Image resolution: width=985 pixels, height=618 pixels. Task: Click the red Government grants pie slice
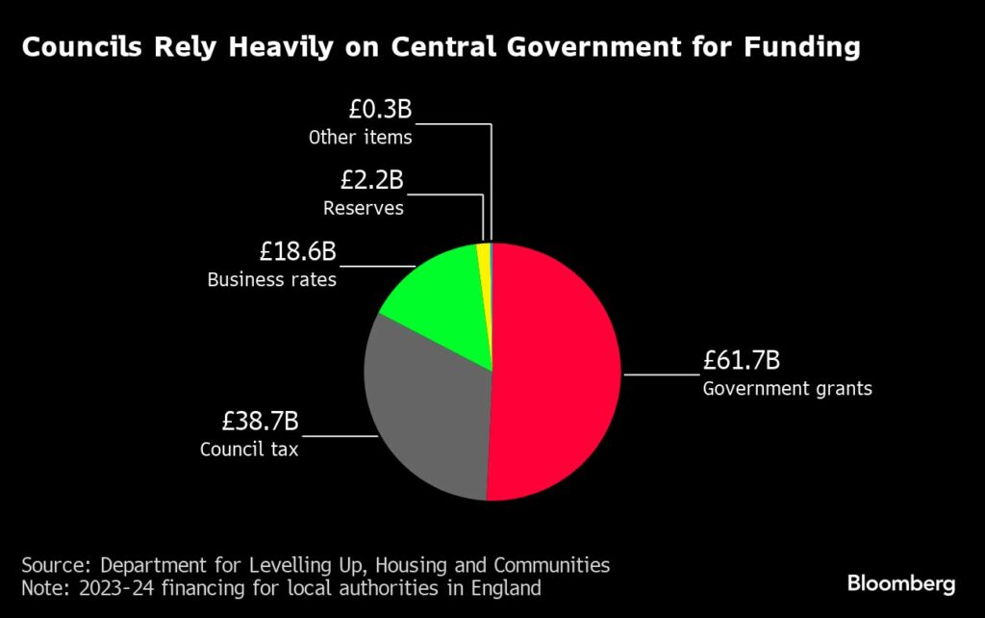[558, 375]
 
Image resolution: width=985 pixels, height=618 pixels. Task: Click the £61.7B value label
[740, 362]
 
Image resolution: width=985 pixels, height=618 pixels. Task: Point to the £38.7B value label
[260, 422]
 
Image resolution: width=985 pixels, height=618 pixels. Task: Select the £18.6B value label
[297, 252]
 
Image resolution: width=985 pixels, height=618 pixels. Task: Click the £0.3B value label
[380, 110]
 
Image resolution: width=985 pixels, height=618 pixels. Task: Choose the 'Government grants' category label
[787, 390]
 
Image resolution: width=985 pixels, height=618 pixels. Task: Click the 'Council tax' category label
[249, 450]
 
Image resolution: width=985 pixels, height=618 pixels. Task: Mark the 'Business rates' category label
[271, 281]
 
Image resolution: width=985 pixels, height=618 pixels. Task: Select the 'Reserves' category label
[363, 208]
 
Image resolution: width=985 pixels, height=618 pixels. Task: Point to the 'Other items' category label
[360, 138]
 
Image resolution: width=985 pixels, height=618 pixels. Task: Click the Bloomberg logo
[900, 583]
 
